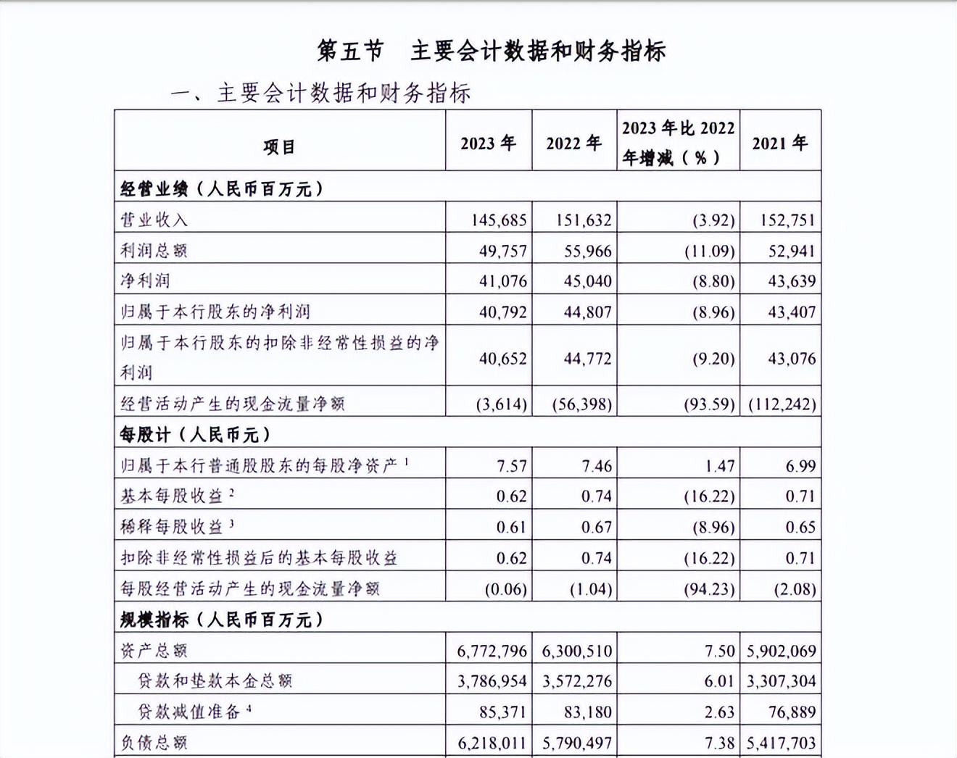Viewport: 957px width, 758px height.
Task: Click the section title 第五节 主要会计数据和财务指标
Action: pos(492,51)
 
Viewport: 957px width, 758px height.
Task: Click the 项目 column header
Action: pos(279,146)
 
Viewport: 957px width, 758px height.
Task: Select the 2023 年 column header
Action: pos(488,143)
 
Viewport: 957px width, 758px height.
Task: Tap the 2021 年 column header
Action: pos(779,143)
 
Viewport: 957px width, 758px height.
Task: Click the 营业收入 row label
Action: pos(154,220)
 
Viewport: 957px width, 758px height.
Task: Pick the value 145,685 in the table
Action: pos(498,220)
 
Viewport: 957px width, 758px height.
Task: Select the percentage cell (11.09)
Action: pos(710,251)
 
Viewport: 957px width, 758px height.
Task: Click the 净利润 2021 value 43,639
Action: pos(791,281)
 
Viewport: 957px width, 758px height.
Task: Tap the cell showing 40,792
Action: pos(502,312)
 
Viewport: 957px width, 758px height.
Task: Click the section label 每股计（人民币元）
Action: pos(195,435)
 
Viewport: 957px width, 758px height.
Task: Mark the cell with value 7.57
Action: pos(511,466)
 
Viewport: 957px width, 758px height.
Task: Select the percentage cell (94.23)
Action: pos(709,589)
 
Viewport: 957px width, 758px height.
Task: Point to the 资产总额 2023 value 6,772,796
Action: pos(492,651)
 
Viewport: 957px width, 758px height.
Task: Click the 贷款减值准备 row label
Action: pos(188,712)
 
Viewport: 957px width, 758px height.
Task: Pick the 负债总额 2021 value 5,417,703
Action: pos(781,743)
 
